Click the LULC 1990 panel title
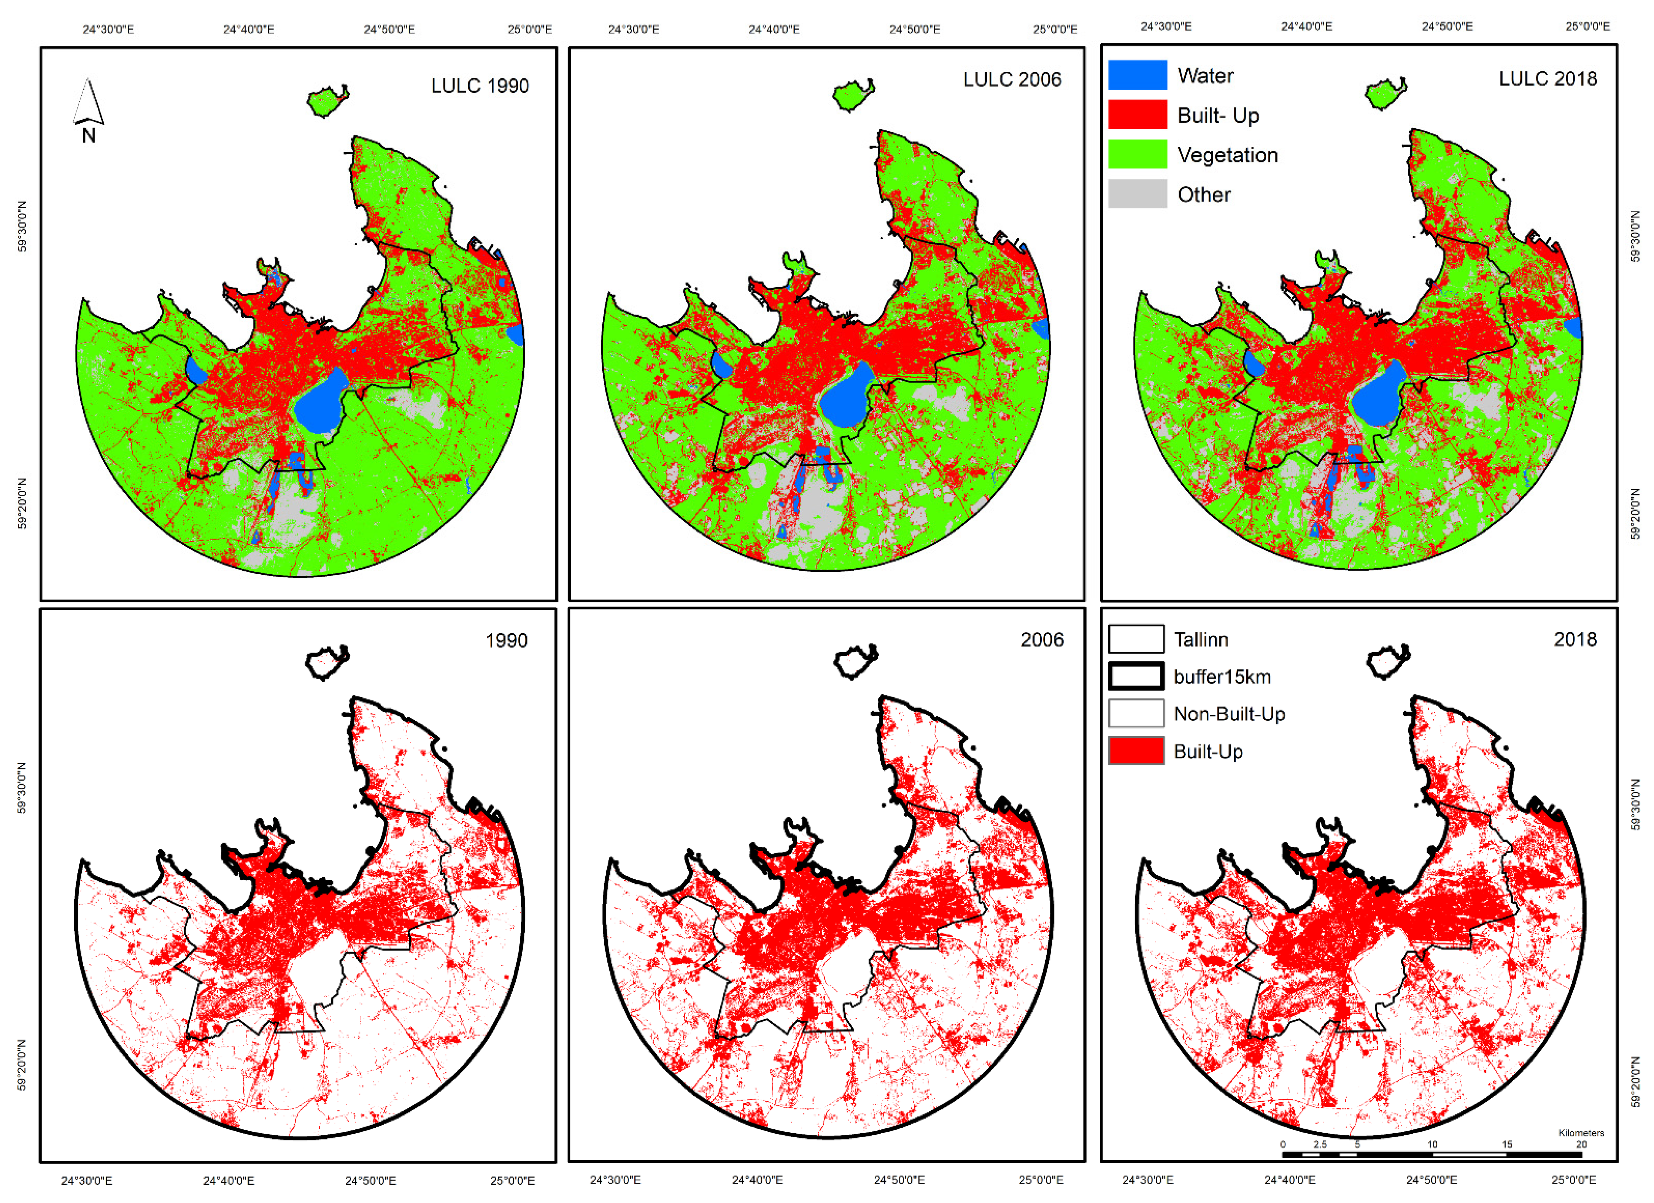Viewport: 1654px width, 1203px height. coord(480,86)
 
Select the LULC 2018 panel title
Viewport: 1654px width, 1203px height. coord(1548,79)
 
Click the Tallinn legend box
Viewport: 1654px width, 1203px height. coord(1136,639)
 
